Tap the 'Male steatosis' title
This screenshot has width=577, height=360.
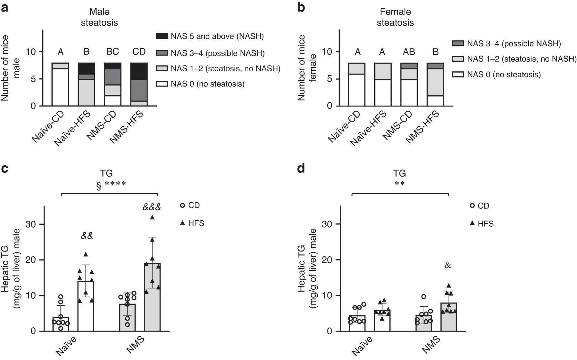point(99,17)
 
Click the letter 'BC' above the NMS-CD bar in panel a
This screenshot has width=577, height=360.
point(113,52)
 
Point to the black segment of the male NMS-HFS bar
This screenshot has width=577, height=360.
point(139,71)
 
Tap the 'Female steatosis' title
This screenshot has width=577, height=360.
point(395,17)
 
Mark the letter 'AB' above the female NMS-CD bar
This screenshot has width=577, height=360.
point(409,52)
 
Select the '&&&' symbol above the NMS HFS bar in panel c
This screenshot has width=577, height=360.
point(152,207)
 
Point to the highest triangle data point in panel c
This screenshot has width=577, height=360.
point(152,217)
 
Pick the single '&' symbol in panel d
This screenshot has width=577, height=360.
point(448,265)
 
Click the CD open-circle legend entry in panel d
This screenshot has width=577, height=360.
point(479,206)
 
